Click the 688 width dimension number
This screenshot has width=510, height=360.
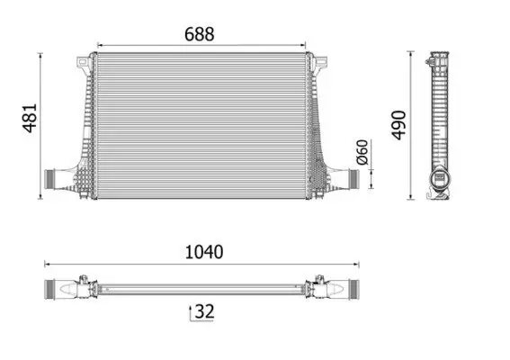[200, 34]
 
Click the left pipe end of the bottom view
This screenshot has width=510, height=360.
[56, 289]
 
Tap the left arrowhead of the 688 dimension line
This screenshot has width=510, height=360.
[99, 44]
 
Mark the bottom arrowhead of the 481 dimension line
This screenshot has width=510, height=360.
[42, 196]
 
